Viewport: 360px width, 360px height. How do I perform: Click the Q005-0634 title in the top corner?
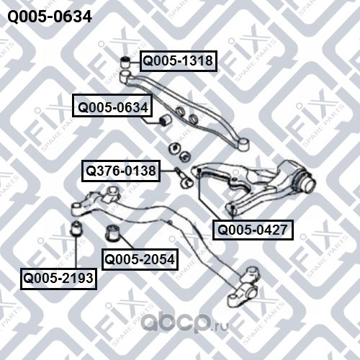[50, 17]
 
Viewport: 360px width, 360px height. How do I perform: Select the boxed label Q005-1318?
[179, 61]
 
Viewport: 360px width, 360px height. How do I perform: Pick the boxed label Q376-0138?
[121, 171]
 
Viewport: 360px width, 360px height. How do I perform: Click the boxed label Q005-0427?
[253, 230]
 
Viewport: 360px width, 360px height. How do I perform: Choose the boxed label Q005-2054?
[140, 260]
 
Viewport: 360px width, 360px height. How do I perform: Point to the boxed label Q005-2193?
[58, 279]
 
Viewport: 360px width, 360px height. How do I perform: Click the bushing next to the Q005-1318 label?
[125, 62]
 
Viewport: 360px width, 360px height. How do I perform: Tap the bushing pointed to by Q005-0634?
[165, 120]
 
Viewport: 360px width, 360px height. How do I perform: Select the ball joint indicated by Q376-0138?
[184, 179]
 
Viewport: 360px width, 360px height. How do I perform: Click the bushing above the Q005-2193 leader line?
[77, 228]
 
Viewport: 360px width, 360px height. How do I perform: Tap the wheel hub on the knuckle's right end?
[306, 182]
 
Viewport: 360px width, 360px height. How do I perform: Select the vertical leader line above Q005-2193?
[76, 252]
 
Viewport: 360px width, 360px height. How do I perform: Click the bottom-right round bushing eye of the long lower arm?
[252, 293]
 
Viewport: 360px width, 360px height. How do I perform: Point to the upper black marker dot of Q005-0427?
[199, 170]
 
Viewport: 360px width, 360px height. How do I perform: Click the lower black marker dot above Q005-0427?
[233, 207]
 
